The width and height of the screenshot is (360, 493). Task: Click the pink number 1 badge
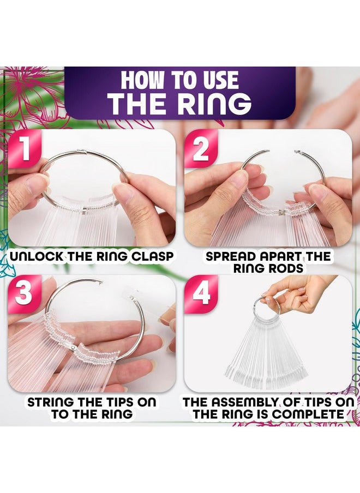[25, 149]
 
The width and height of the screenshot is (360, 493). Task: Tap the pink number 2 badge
[201, 149]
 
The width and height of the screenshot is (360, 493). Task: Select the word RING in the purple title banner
[215, 103]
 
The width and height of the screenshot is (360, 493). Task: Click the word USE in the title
[221, 80]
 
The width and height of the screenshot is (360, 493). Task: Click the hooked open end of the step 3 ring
[100, 282]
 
